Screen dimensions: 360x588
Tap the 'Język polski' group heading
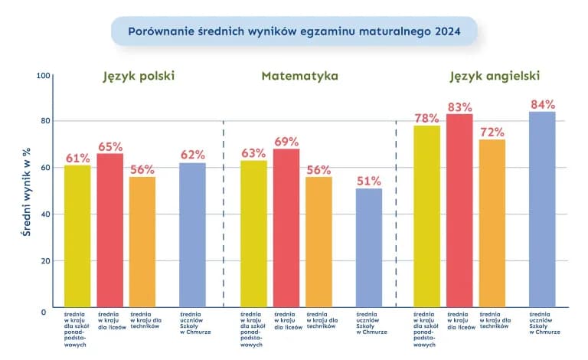tap(139, 77)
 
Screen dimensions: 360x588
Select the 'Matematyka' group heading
tap(299, 77)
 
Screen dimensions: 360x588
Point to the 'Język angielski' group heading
tap(495, 77)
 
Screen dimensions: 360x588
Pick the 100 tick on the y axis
tap(42, 75)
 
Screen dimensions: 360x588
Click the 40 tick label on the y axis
tap(44, 214)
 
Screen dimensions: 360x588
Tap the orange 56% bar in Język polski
tap(142, 241)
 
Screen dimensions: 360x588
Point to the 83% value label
tap(459, 107)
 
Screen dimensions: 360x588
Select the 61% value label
tap(77, 158)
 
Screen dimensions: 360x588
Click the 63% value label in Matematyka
tap(253, 153)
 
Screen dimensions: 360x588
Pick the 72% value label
tap(492, 133)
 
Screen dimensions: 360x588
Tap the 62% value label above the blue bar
tap(192, 155)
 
